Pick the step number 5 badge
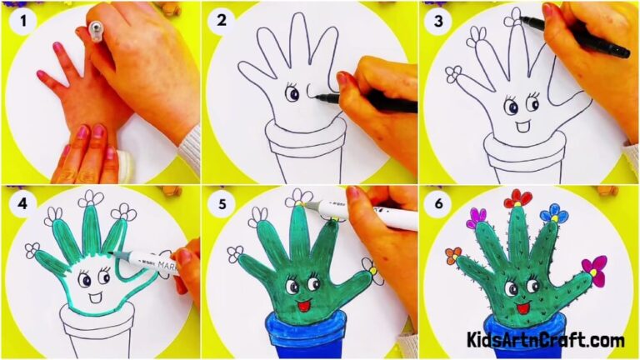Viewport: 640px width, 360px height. (221, 201)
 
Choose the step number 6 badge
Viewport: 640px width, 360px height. (437, 201)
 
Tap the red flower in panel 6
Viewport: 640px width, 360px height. (517, 199)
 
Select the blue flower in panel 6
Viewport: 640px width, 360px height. (553, 215)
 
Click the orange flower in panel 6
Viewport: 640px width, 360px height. (453, 254)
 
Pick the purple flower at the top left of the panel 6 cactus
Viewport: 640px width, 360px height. (478, 217)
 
